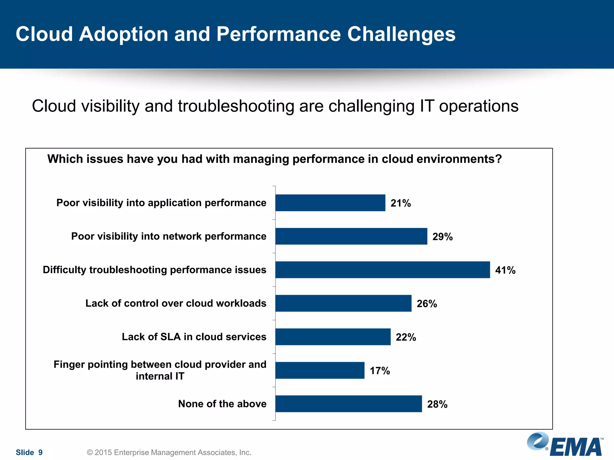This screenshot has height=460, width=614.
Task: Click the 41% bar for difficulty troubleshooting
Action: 383,270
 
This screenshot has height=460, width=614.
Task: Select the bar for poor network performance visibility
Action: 351,236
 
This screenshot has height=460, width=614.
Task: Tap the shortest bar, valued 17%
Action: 320,370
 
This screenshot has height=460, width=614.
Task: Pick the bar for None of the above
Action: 348,404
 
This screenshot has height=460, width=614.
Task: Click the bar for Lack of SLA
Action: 333,337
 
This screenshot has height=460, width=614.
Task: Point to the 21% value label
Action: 401,203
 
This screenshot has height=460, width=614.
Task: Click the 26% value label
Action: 427,304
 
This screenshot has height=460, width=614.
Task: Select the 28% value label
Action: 437,404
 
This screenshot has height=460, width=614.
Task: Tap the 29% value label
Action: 442,237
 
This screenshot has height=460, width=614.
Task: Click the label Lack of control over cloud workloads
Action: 176,303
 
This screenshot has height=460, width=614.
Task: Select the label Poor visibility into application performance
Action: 161,203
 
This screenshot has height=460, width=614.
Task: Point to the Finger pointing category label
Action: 160,370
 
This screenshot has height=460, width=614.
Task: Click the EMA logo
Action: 565,444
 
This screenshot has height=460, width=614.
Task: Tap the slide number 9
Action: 40,452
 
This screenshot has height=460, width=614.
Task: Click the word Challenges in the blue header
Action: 401,34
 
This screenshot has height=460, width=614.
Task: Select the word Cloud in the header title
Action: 44,34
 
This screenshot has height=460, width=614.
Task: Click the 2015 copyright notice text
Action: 169,452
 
